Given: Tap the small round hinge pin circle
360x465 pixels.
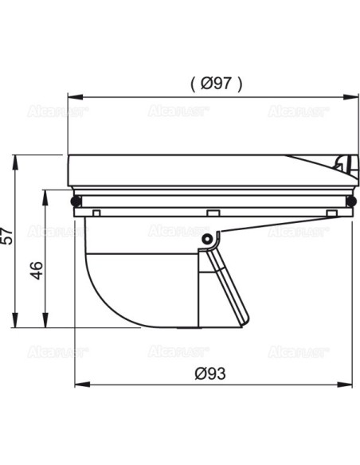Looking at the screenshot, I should [x=206, y=239].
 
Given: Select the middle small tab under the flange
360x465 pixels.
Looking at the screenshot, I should [x=212, y=213].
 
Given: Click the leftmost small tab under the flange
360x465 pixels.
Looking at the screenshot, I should [x=96, y=213].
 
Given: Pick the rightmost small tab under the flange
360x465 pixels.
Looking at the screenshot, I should [x=330, y=213].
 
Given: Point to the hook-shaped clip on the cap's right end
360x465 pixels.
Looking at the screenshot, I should [x=342, y=165].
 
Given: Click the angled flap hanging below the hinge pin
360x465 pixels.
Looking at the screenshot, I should [x=227, y=287].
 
